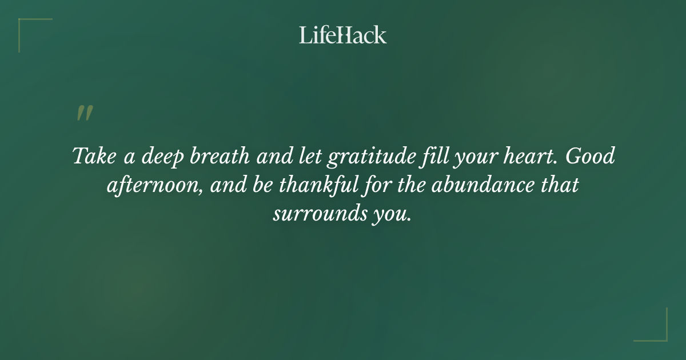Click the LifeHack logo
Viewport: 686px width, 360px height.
pyautogui.click(x=343, y=35)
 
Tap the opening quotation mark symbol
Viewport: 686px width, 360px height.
pyautogui.click(x=84, y=113)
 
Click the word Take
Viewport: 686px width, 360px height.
pyautogui.click(x=91, y=157)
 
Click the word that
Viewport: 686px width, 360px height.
pyautogui.click(x=559, y=186)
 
